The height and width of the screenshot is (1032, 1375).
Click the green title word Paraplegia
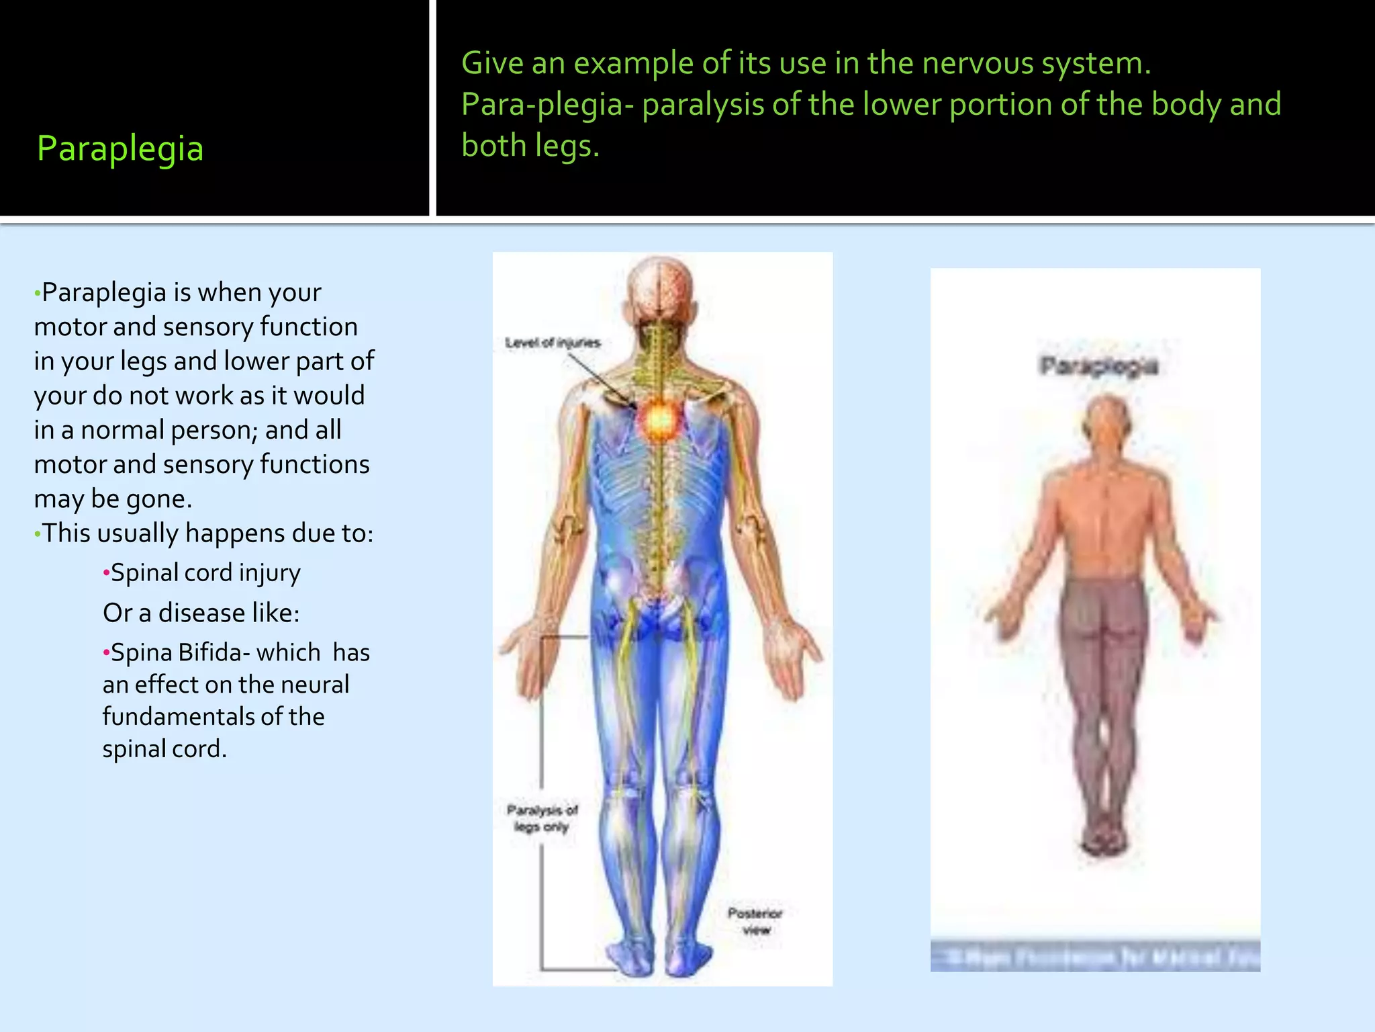pos(120,148)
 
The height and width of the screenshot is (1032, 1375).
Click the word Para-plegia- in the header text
pos(547,105)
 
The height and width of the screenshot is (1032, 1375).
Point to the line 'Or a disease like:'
pos(201,613)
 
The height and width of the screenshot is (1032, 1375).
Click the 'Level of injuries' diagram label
pos(553,343)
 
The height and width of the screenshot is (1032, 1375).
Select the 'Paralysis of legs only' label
pos(542,818)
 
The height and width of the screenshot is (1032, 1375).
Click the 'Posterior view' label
pos(755,921)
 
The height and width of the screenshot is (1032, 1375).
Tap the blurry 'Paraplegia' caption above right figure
pos(1098,366)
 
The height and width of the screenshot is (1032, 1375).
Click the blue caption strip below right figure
pos(1095,956)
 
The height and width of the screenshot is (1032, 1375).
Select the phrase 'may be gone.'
pos(113,499)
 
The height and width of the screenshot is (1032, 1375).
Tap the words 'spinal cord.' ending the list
pos(164,748)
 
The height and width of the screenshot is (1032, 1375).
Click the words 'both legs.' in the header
pos(530,146)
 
